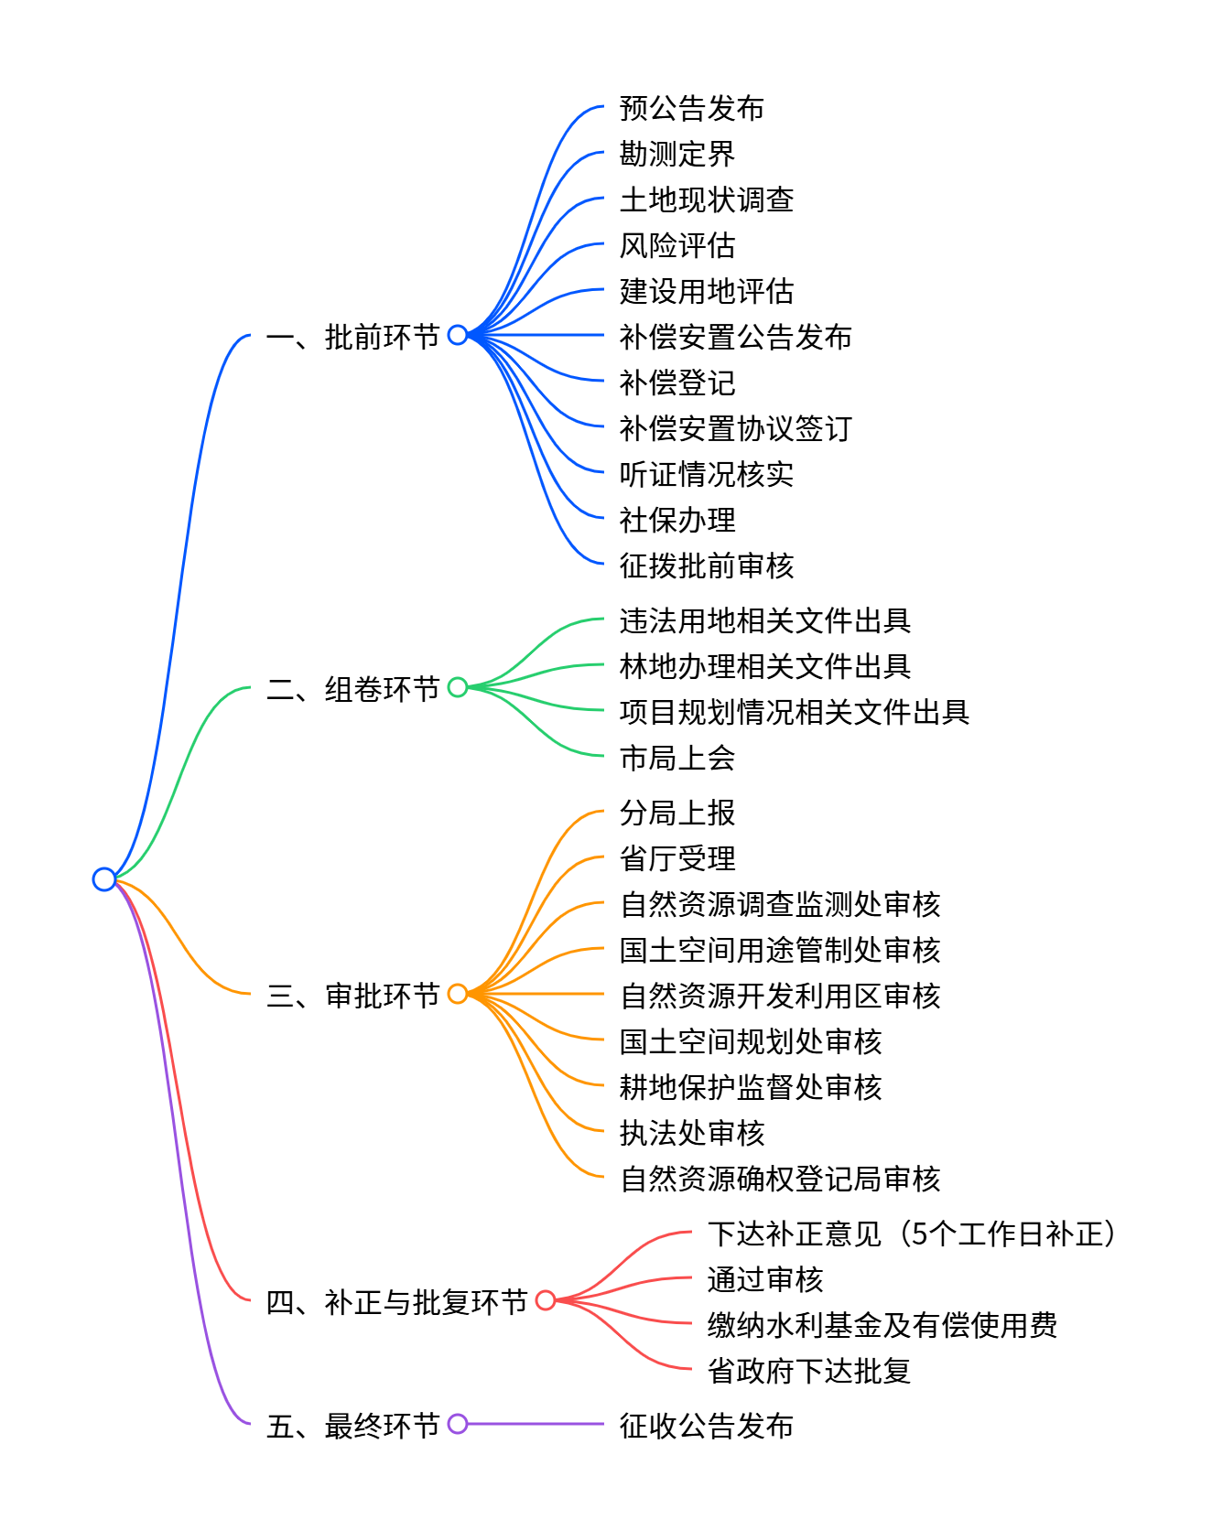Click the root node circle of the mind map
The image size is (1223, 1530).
click(x=104, y=879)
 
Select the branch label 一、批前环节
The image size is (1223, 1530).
click(x=353, y=337)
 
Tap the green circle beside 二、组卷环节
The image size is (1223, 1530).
click(x=458, y=687)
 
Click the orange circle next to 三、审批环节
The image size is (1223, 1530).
click(x=458, y=994)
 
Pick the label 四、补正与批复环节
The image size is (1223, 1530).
click(x=396, y=1301)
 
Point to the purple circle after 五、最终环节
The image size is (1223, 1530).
click(x=458, y=1424)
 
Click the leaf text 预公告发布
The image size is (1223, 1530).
click(x=691, y=108)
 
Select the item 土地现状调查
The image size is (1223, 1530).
click(x=706, y=199)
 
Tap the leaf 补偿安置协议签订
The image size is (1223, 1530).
click(x=735, y=428)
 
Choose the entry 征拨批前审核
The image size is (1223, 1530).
click(x=706, y=566)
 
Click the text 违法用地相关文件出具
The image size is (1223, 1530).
click(x=764, y=620)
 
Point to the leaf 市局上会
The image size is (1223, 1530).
click(x=676, y=758)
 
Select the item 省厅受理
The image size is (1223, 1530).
click(x=676, y=858)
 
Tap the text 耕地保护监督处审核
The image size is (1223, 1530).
click(x=750, y=1087)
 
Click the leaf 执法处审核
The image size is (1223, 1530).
click(x=691, y=1133)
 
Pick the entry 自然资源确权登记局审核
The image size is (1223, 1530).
click(x=779, y=1179)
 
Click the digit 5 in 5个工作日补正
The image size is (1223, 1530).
click(x=920, y=1234)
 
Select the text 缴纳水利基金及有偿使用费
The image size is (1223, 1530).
click(x=882, y=1325)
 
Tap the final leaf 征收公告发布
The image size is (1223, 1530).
click(x=706, y=1426)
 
